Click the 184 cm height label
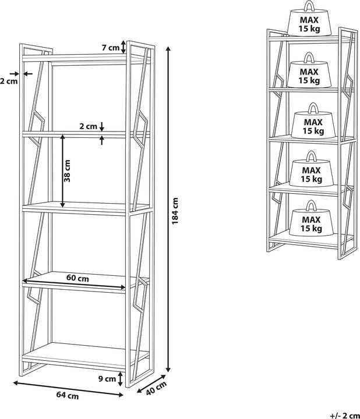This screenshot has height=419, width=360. point(175,211)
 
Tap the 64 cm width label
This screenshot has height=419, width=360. point(68,395)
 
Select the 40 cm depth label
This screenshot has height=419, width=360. point(157,388)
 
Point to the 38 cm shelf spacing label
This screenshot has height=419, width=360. point(68,171)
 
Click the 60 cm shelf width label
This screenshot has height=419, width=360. point(77,278)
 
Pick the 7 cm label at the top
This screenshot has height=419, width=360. point(111,48)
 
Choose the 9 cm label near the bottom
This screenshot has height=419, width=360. point(107,379)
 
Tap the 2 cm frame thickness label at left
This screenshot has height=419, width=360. point(9,81)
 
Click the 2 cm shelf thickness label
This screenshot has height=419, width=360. point(89,126)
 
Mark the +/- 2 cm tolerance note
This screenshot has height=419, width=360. point(345,416)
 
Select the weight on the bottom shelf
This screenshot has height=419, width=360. point(311,218)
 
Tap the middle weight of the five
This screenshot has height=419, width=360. point(313,121)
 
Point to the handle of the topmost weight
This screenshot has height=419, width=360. point(309,6)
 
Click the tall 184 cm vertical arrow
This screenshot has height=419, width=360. point(168,210)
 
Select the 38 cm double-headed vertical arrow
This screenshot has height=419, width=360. point(62,171)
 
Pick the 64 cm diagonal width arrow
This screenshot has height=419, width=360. point(68,389)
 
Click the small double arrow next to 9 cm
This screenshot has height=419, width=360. point(121,379)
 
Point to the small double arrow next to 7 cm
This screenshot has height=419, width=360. point(123,47)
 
